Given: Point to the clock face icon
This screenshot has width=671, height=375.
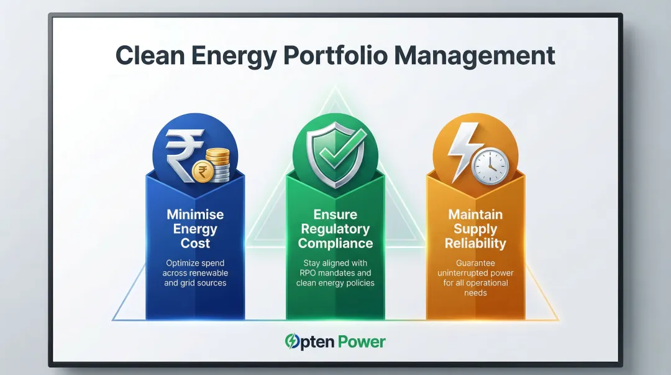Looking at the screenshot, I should pos(490,165).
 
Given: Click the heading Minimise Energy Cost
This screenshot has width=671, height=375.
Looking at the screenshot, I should pos(195,229).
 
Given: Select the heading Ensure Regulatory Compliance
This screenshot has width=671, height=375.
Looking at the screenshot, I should pos(335,229).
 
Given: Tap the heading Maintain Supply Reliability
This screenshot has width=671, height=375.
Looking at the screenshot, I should pos(476,228).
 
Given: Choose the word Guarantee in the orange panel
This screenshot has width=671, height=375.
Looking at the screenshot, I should pos(476,263).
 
